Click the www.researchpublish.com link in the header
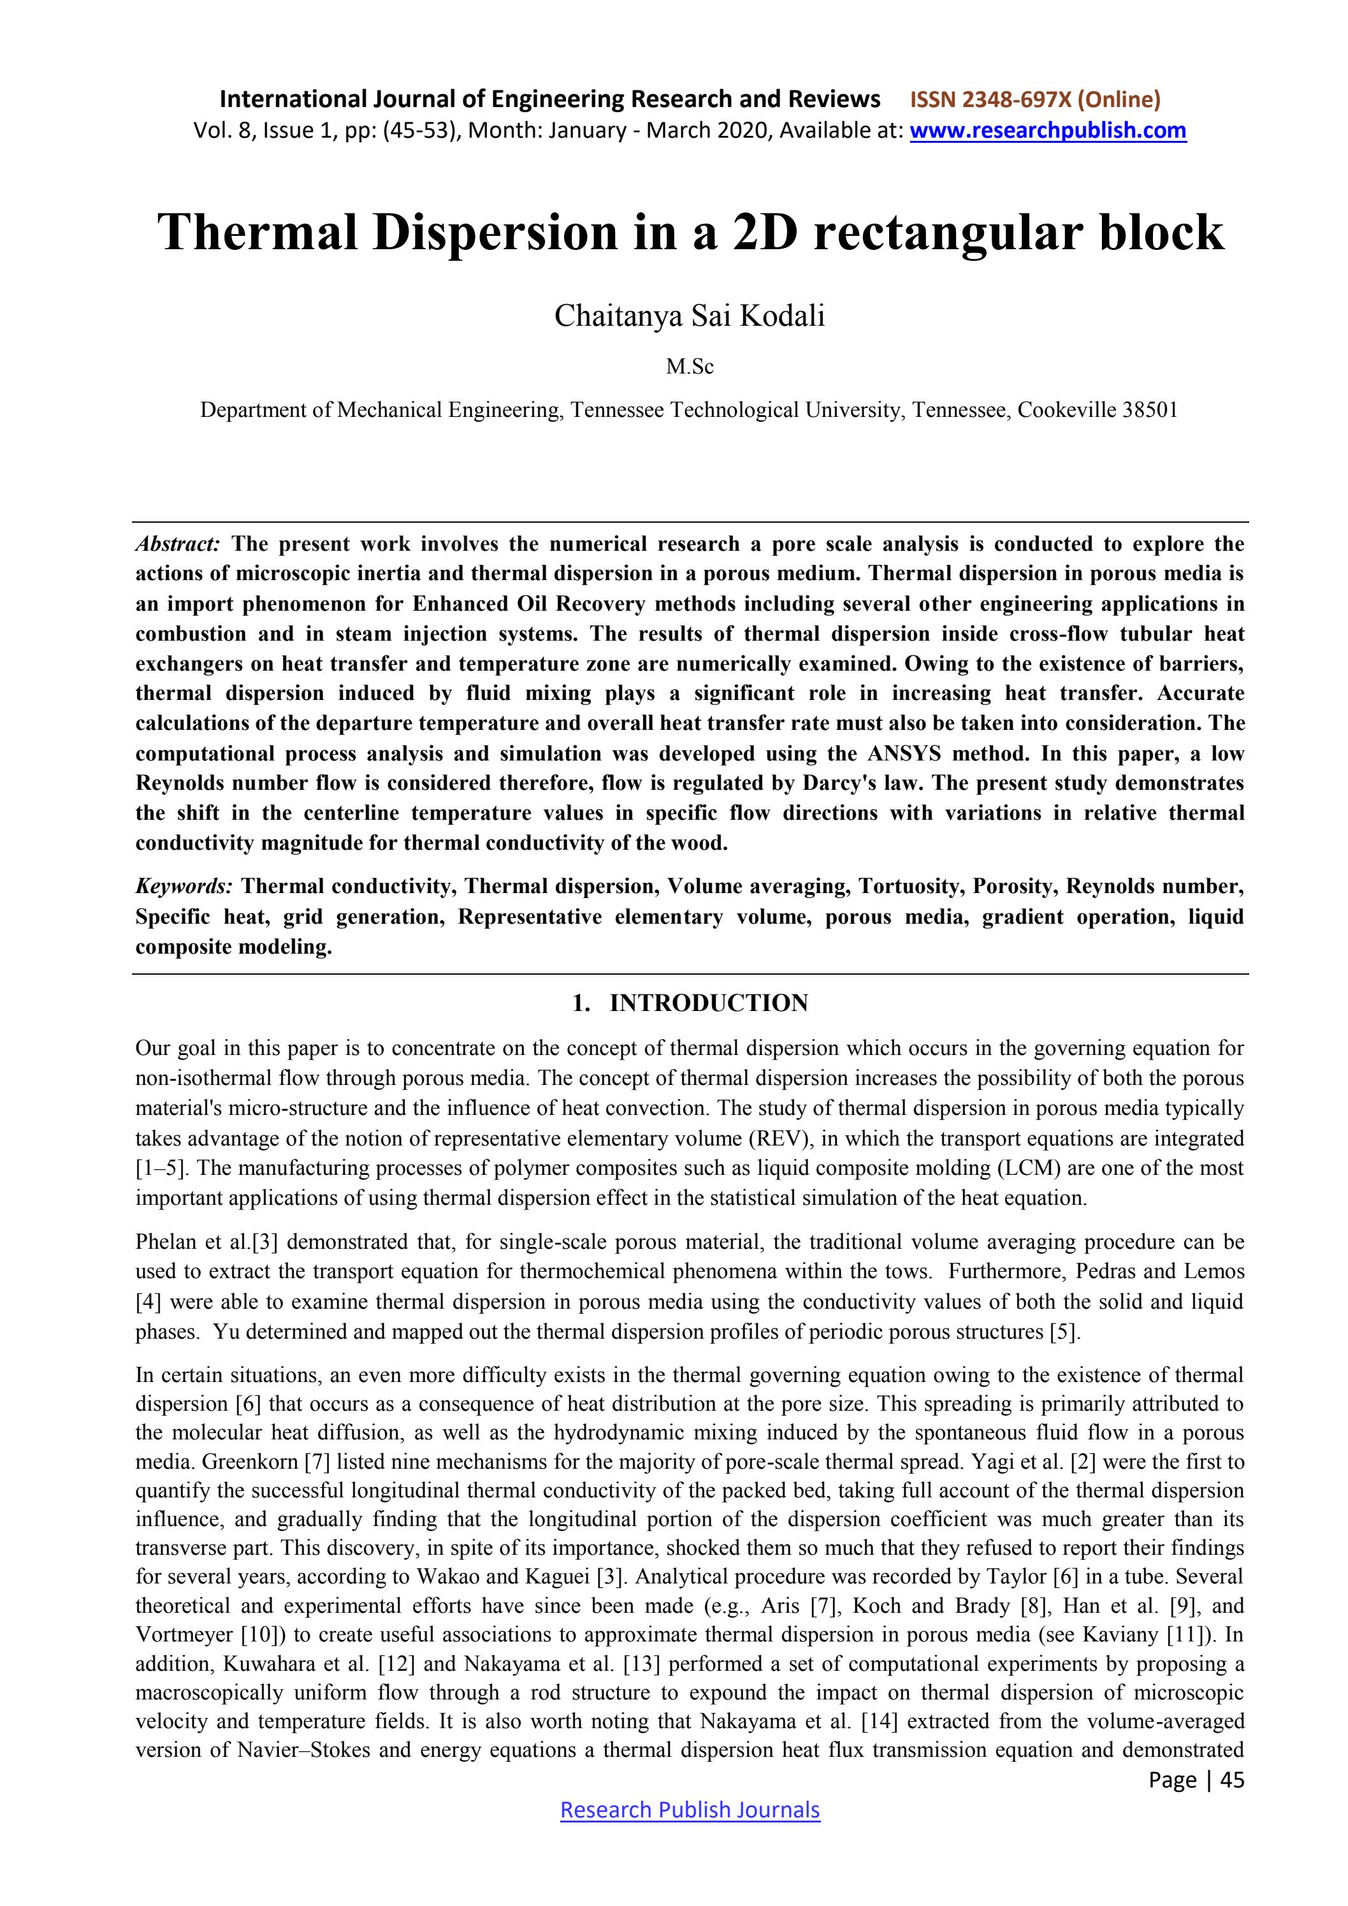(x=1048, y=130)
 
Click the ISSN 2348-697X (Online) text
(x=1035, y=99)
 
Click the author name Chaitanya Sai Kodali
(x=690, y=316)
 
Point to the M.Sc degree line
(x=690, y=367)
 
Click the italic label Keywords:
(x=184, y=887)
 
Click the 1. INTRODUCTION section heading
(x=690, y=1003)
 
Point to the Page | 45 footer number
(x=1196, y=1780)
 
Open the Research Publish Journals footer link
(x=690, y=1810)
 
